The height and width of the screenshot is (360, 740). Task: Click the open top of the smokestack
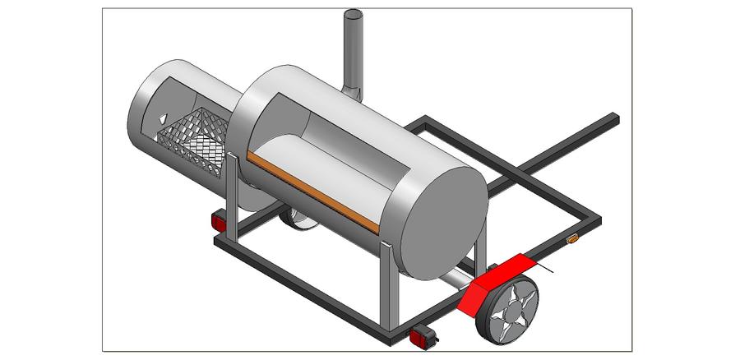click(x=354, y=16)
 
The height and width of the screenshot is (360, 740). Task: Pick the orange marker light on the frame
click(x=573, y=239)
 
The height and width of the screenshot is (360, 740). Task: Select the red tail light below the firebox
click(x=219, y=223)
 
